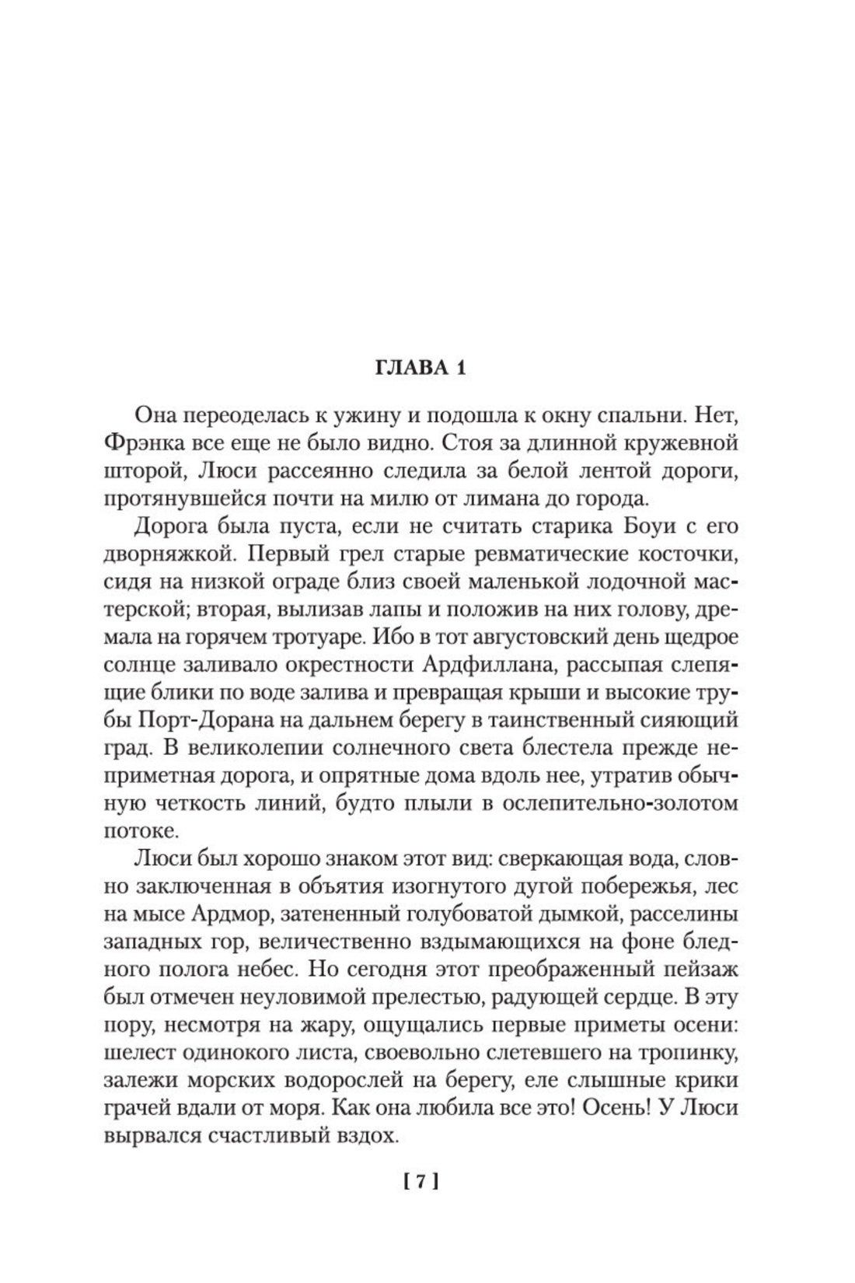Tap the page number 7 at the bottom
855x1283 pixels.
point(421,1182)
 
